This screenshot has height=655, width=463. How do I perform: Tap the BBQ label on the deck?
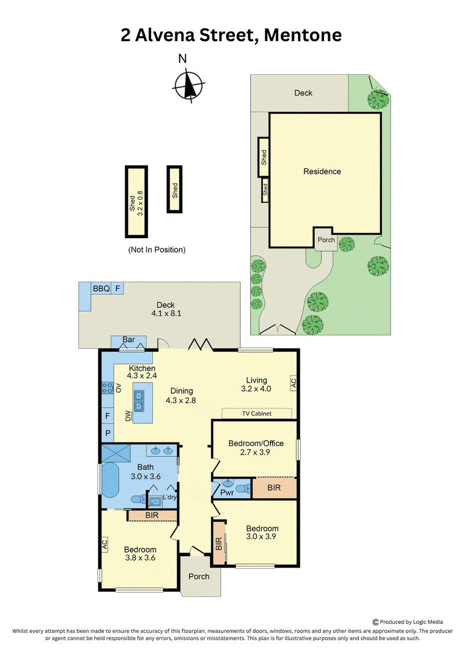[101, 288]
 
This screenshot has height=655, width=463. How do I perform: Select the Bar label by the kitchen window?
[128, 339]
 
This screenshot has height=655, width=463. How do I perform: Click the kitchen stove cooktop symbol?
[108, 387]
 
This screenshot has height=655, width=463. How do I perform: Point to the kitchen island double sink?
[139, 401]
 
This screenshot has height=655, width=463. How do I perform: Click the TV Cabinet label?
[257, 414]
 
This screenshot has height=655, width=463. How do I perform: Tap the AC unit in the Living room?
[293, 382]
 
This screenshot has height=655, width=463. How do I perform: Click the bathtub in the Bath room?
[111, 480]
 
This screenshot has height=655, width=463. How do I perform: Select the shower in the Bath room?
[116, 452]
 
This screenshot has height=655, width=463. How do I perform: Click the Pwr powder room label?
[227, 492]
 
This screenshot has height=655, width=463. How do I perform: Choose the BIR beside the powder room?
[274, 488]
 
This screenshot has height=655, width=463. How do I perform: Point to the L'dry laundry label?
[170, 497]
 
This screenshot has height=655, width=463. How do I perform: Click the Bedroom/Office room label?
[256, 443]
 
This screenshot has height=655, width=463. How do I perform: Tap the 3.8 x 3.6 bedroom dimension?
[140, 558]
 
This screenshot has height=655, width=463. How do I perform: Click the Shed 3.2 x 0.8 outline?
[137, 202]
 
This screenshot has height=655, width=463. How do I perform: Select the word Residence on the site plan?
[322, 171]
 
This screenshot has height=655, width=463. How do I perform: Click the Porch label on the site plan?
[326, 240]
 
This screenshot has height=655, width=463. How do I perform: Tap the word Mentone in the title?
[303, 35]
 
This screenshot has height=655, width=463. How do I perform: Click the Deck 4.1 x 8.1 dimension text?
[166, 313]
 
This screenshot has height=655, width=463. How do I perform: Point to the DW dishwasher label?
[128, 416]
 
